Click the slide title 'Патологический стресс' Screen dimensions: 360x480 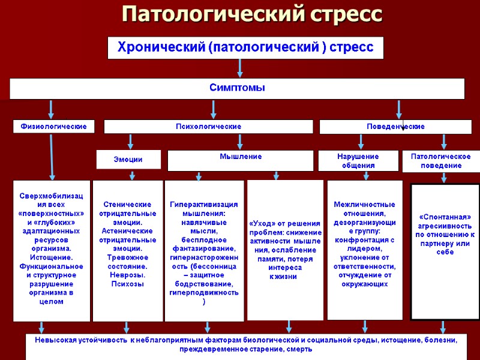(x=251, y=14)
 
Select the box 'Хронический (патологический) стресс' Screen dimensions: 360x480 (x=245, y=47)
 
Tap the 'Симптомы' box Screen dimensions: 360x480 (x=237, y=88)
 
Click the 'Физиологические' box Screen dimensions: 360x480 (x=54, y=127)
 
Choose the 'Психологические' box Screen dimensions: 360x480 (x=208, y=127)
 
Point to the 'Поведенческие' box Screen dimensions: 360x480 (x=395, y=127)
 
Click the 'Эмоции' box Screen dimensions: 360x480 (x=128, y=160)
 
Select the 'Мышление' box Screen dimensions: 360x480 (x=240, y=160)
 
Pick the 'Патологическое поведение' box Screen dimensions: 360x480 (x=440, y=161)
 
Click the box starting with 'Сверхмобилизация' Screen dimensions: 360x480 (x=52, y=250)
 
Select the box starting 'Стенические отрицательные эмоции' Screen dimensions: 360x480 (x=127, y=250)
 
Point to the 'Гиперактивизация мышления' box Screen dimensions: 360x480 (x=204, y=250)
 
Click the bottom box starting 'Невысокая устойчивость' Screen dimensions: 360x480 (x=246, y=344)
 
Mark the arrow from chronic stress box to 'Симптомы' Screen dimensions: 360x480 (x=240, y=68)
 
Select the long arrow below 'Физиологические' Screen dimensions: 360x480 (x=52, y=157)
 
